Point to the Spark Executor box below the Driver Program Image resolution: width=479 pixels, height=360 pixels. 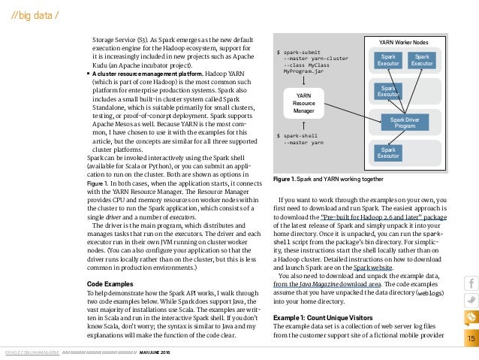click(x=388, y=152)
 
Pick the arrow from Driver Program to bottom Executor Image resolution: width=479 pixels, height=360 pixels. click(x=394, y=136)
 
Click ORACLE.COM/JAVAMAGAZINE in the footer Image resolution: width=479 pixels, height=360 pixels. click(x=30, y=352)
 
